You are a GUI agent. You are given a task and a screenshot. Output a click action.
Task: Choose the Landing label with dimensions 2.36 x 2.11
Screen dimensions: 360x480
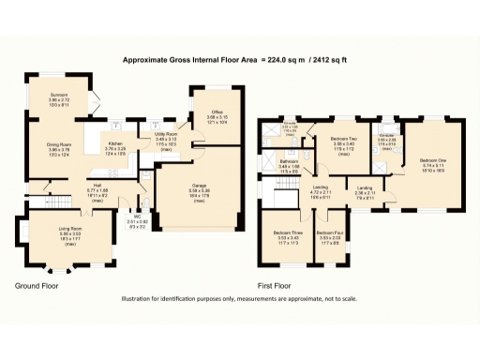click(x=365, y=188)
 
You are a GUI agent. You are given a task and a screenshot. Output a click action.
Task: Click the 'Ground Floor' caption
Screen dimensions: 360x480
click(x=37, y=284)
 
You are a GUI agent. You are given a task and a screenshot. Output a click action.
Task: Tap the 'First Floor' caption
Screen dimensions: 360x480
click(x=275, y=284)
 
